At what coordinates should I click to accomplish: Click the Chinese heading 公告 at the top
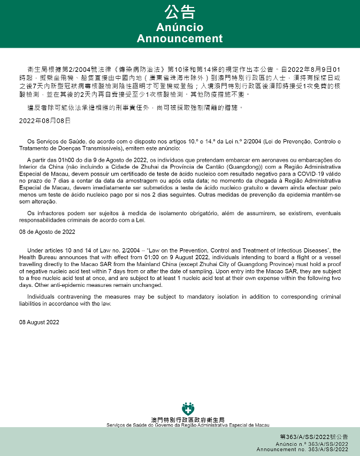click(x=180, y=12)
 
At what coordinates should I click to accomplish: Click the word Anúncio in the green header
click(x=180, y=27)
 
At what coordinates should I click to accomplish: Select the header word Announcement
click(x=180, y=39)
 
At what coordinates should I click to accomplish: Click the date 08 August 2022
click(x=40, y=323)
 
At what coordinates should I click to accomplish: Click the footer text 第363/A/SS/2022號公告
click(x=313, y=437)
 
